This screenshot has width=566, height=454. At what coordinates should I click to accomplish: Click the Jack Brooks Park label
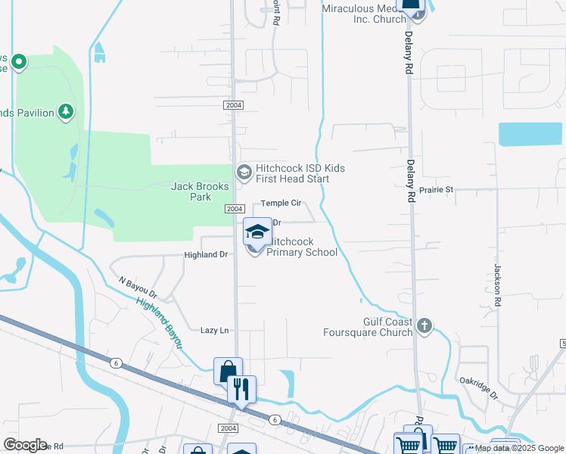(x=191, y=191)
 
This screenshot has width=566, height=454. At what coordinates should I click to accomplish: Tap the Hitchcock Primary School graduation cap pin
(x=257, y=232)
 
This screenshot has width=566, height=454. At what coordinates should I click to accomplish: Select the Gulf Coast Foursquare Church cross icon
(x=424, y=326)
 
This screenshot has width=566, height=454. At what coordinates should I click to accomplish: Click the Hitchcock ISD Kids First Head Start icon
(x=244, y=173)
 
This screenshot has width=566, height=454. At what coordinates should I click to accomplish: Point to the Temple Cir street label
(x=281, y=204)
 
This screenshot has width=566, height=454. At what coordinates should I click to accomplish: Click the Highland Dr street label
(x=206, y=255)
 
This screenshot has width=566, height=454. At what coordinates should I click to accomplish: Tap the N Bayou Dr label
(x=137, y=287)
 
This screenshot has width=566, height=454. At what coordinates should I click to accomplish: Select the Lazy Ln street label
(x=214, y=331)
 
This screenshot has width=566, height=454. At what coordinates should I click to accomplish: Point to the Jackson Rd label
(x=497, y=285)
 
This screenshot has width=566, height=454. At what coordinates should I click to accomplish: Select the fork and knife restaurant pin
(x=241, y=390)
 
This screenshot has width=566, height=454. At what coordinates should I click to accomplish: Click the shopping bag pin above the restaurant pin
(x=228, y=371)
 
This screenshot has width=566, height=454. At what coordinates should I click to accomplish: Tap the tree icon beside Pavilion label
(x=66, y=113)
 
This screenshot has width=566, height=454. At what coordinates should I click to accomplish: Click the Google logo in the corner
(x=24, y=445)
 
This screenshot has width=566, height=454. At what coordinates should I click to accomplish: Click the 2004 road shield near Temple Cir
(x=234, y=209)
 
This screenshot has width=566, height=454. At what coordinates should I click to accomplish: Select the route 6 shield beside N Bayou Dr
(x=116, y=363)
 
